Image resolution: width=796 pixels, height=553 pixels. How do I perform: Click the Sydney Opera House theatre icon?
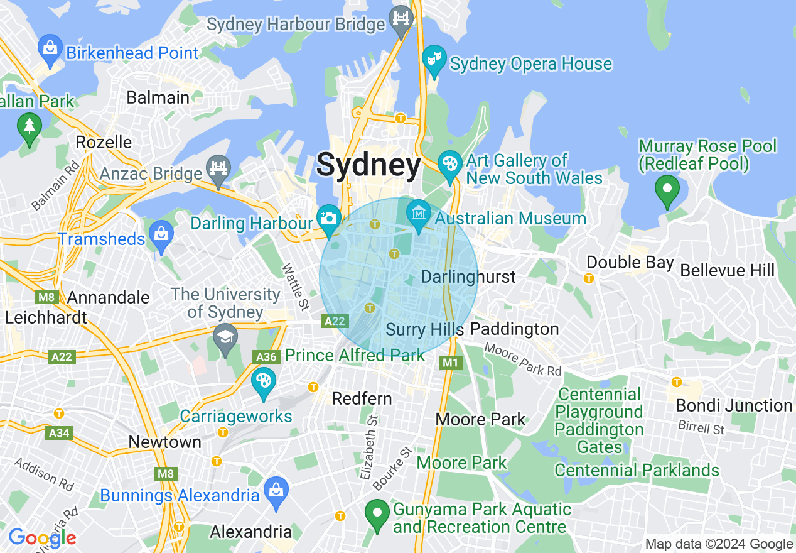coord(433,60)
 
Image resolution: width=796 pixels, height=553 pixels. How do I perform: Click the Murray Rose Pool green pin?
coord(667,190)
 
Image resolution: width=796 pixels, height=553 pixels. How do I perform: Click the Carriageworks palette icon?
coord(264,382)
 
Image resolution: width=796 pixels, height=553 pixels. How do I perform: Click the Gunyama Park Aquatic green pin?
coord(377,515)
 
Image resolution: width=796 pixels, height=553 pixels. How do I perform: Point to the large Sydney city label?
coord(368,165)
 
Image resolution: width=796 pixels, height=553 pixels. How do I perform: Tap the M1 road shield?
coord(451,363)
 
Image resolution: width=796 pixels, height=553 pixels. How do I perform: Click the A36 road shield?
coord(266,357)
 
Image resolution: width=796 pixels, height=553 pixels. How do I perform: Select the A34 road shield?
coord(59,432)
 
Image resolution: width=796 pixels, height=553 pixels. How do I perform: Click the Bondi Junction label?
coord(733,406)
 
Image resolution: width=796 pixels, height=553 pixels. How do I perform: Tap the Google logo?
coord(42,538)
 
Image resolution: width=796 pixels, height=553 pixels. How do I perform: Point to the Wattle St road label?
coord(295,287)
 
